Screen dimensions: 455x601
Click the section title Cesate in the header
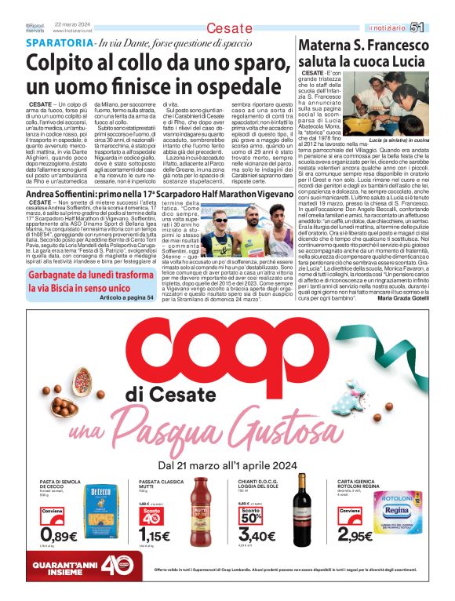(230, 29)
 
